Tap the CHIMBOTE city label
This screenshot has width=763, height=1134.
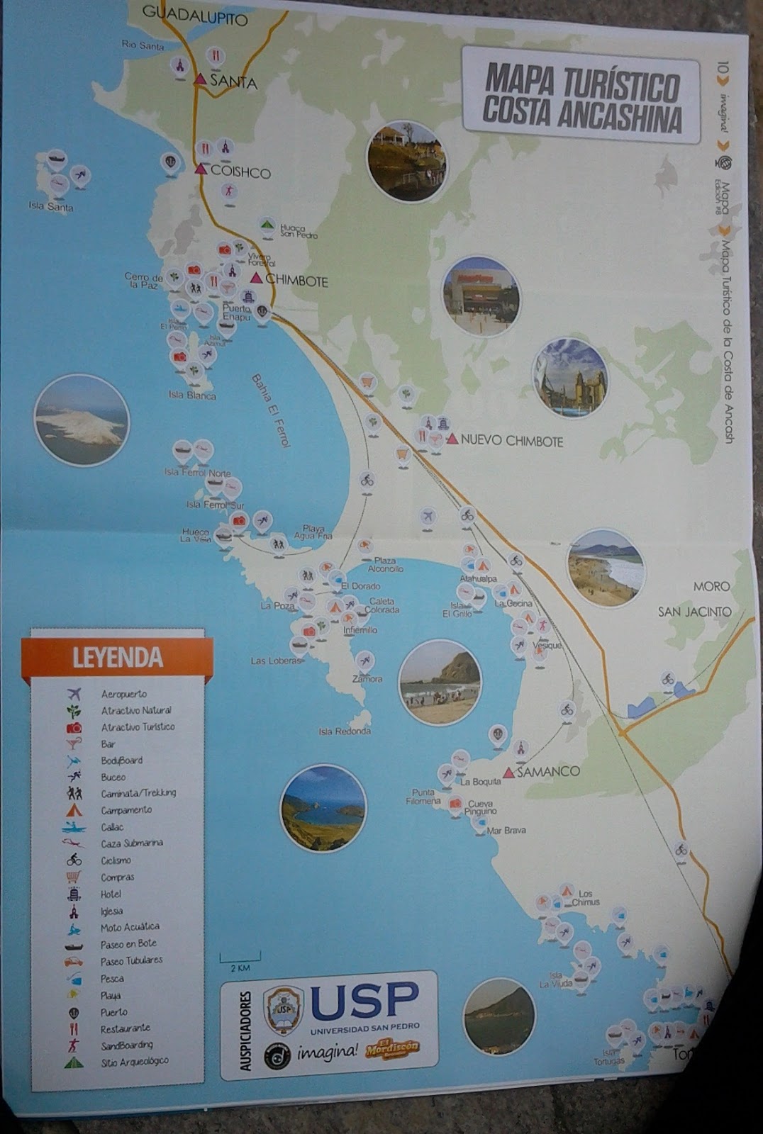tap(297, 281)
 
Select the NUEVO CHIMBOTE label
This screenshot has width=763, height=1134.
tap(511, 441)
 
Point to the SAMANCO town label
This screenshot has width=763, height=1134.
tap(548, 772)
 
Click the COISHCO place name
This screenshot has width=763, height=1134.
tap(240, 172)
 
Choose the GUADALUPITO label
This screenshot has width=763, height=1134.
tap(195, 15)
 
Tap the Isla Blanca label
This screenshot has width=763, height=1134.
tap(192, 395)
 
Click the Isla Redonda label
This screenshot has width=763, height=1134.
tap(345, 731)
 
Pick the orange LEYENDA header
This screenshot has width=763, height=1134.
tap(117, 657)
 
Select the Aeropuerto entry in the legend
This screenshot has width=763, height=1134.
tap(123, 694)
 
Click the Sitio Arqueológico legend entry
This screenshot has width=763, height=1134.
tap(134, 1061)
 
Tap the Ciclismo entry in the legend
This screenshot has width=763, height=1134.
tap(115, 860)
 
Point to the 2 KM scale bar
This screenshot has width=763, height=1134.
tap(240, 959)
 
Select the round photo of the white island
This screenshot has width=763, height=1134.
tap(82, 420)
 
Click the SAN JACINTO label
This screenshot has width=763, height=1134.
tap(694, 612)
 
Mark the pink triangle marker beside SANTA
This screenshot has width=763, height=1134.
tap(201, 79)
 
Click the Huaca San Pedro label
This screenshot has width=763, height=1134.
tap(299, 231)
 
